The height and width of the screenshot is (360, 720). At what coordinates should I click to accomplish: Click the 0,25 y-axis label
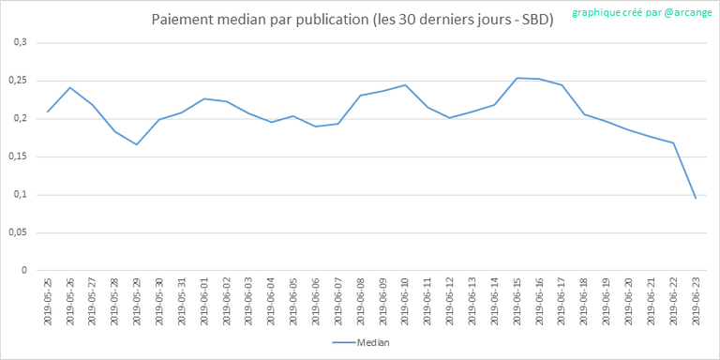point(21,81)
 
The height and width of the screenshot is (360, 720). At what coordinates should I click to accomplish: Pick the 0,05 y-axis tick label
point(21,232)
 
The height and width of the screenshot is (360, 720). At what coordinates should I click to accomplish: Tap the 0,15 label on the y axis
point(21,157)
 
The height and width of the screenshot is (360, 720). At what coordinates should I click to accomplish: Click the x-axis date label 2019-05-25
point(48,301)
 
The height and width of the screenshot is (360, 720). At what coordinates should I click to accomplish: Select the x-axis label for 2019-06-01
point(203,301)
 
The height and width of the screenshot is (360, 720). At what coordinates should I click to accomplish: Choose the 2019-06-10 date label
point(405,301)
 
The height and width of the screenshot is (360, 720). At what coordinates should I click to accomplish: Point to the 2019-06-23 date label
point(696,301)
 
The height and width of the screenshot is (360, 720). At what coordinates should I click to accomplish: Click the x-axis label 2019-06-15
point(517,301)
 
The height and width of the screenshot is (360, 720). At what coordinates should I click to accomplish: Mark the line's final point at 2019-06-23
point(696,198)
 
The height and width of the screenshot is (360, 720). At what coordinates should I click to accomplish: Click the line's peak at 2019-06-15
point(517,78)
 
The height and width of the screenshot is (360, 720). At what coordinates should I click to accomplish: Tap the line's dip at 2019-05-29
point(136,144)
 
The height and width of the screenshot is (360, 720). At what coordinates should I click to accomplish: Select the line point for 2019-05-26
point(69,87)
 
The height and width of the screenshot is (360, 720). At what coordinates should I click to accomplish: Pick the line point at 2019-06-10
point(405,85)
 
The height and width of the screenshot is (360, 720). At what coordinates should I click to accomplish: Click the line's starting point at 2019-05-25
point(48,112)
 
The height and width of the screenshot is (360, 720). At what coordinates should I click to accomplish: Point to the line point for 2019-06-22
point(673,142)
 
